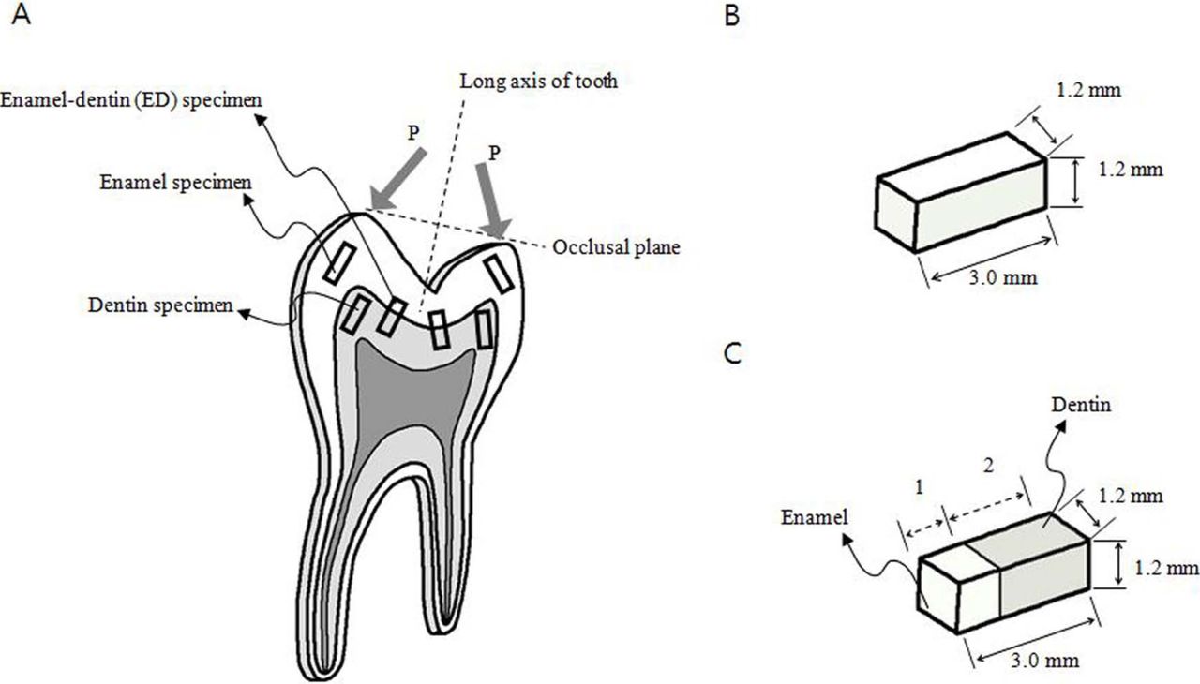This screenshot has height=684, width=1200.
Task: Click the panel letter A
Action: (22, 16)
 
